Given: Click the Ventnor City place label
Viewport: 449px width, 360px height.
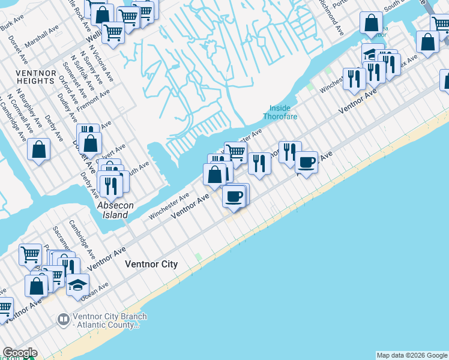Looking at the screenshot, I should click(x=151, y=264).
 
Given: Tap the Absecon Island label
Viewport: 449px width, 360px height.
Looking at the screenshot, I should click(x=113, y=210).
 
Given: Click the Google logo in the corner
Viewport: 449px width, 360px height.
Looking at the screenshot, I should click(x=19, y=353).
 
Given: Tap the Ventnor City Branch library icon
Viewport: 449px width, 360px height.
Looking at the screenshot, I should click(x=63, y=319).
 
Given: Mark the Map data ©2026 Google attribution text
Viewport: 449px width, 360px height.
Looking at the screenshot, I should click(x=412, y=355).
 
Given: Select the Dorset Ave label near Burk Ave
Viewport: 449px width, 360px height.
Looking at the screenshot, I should click(x=18, y=50).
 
